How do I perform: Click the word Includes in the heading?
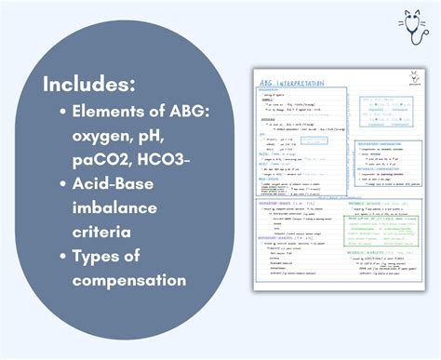click(89, 84)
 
